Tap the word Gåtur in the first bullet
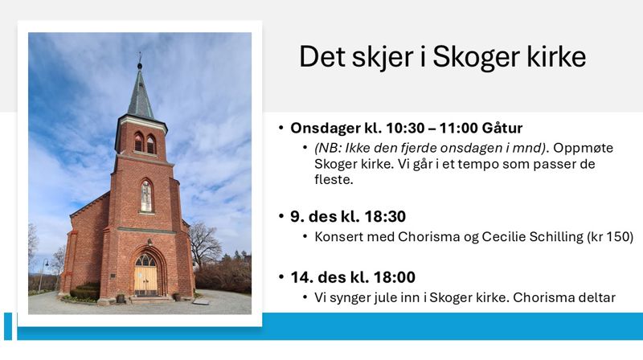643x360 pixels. (x=499, y=129)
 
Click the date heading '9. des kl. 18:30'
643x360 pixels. (x=348, y=216)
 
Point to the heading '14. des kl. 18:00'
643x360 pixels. (x=353, y=278)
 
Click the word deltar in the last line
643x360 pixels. (x=594, y=298)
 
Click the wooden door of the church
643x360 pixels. (x=145, y=280)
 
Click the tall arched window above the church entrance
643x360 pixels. (x=146, y=196)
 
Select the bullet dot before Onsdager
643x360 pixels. (x=281, y=129)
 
